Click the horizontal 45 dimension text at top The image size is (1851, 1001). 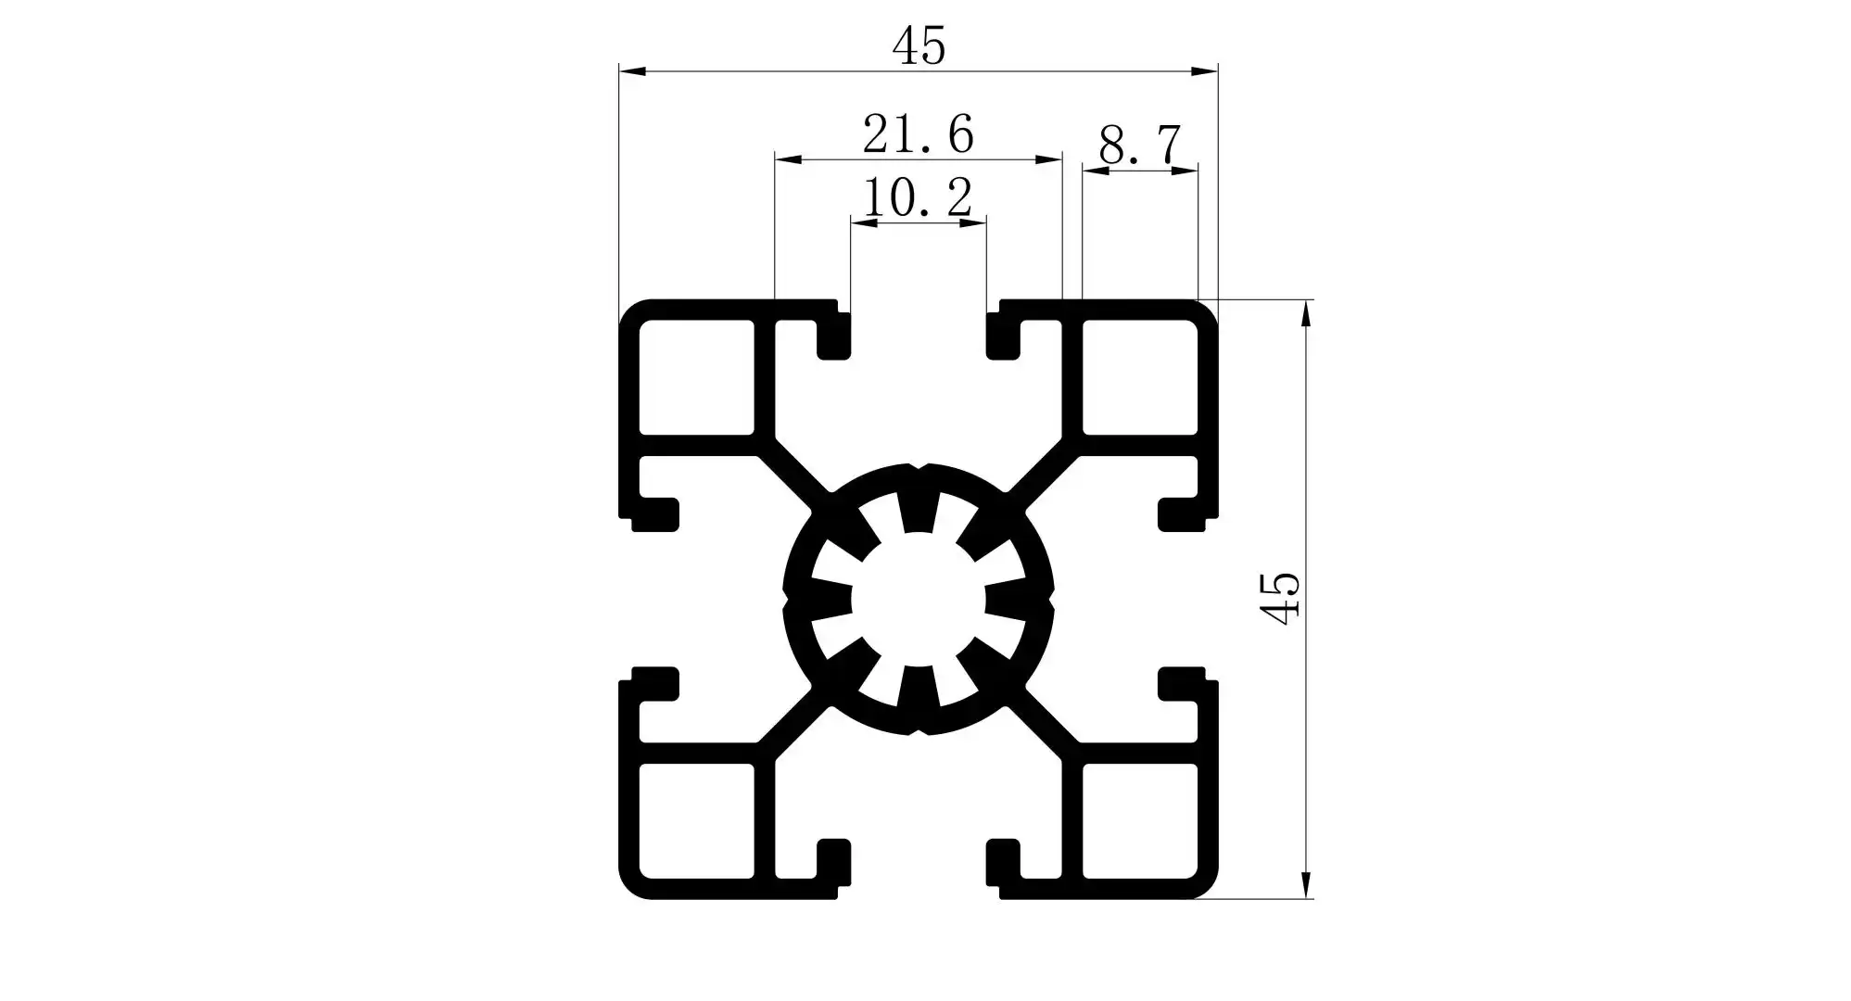919,46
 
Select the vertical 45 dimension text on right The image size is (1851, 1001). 1280,599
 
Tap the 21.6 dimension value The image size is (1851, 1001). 918,134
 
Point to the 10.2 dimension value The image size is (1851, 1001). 918,197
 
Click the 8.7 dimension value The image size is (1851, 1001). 1140,146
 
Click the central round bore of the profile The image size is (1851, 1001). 918,599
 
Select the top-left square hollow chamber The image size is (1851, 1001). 696,377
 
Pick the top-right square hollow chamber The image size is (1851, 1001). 1139,377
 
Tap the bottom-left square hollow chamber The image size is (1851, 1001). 696,820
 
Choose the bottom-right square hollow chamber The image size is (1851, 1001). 1139,820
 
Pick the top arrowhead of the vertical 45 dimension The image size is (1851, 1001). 1306,313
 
